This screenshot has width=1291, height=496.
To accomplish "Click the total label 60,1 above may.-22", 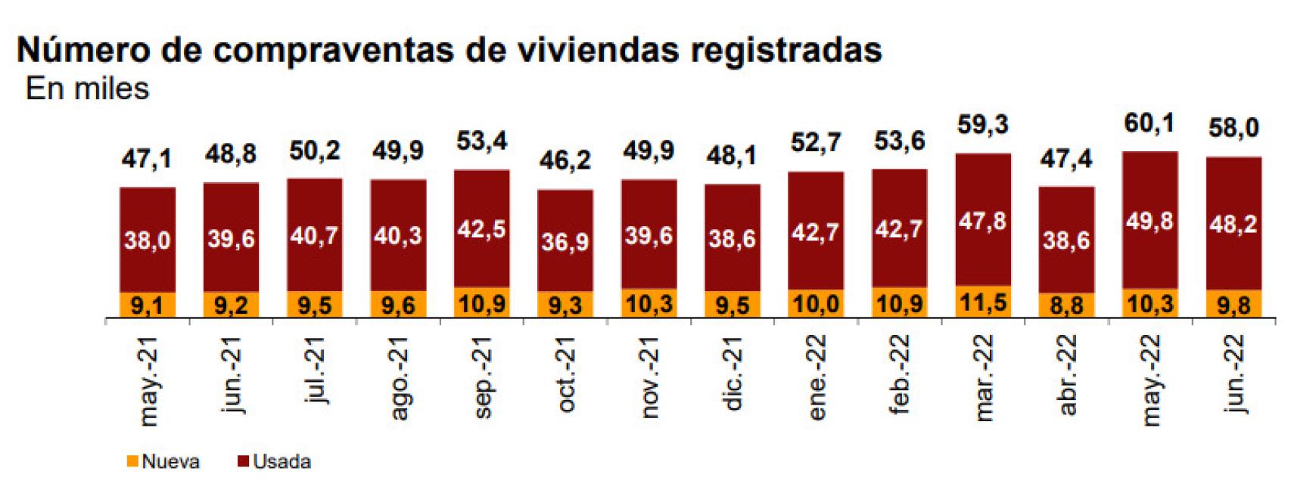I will click(1149, 122).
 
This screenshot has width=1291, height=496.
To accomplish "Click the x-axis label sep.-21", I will click(481, 377).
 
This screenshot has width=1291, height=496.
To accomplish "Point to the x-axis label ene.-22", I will click(816, 377).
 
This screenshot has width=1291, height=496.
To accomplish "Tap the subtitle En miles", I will click(87, 89).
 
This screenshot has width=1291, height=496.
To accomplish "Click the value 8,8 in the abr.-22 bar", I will click(1066, 305).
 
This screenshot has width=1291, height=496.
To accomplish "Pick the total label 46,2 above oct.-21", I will click(565, 160).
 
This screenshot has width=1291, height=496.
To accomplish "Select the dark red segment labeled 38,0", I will click(148, 240).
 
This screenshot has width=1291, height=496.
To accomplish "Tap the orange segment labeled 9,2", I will click(231, 305).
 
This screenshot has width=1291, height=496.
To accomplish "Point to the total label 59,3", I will click(983, 125).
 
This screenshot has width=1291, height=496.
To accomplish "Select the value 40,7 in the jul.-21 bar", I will click(314, 235).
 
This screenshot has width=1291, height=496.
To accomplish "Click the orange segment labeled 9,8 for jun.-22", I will click(1233, 304).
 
